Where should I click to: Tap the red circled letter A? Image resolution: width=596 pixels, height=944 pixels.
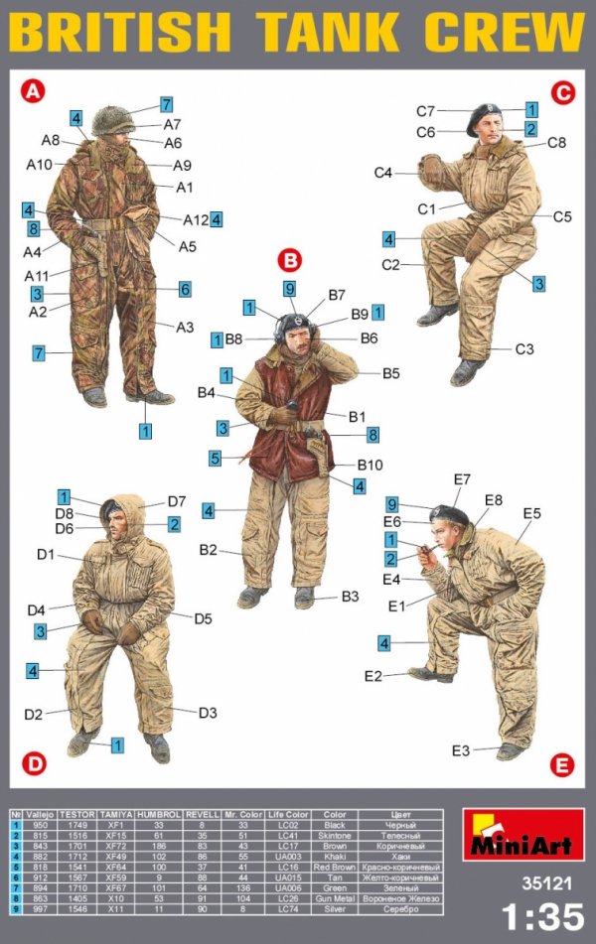point(33,92)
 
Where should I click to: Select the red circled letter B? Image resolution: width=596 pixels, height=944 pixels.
point(289,261)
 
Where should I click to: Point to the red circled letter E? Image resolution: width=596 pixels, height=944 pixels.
point(562,764)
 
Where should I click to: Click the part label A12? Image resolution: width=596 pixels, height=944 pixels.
point(195,219)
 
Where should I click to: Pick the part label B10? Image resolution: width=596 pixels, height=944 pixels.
point(370,466)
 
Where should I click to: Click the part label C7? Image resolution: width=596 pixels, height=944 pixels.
point(426,111)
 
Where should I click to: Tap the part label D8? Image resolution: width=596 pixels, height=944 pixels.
point(65,513)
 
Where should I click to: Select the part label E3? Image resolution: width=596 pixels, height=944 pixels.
point(460,750)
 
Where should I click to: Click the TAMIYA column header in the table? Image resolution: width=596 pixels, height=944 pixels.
point(111,813)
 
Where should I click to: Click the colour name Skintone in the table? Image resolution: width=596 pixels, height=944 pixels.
point(334,835)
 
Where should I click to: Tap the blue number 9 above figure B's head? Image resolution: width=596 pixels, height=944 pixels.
point(290,289)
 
